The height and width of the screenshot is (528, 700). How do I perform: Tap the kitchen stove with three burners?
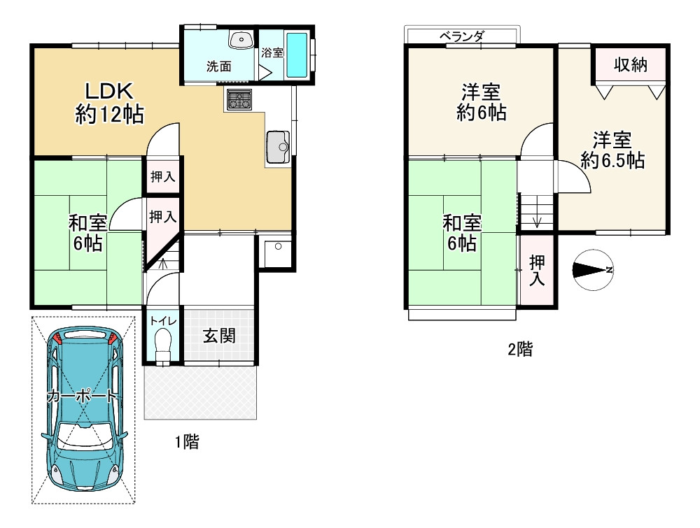pyautogui.click(x=239, y=99)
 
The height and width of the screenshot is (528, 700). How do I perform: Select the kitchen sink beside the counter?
pyautogui.click(x=279, y=145)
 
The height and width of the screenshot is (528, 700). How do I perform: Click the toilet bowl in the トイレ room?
pyautogui.click(x=162, y=344)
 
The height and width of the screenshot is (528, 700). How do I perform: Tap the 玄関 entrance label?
pyautogui.click(x=218, y=336)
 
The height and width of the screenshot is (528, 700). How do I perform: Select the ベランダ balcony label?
pyautogui.click(x=462, y=36)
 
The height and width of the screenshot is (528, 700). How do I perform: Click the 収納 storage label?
pyautogui.click(x=630, y=65)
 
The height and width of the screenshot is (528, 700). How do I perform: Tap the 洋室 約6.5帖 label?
pyautogui.click(x=612, y=150)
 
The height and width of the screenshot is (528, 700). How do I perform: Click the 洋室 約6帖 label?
pyautogui.click(x=481, y=102)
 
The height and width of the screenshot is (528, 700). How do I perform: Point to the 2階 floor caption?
pyautogui.click(x=519, y=350)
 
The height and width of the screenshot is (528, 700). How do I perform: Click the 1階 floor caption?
pyautogui.click(x=187, y=441)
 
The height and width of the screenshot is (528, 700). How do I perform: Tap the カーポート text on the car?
pyautogui.click(x=82, y=397)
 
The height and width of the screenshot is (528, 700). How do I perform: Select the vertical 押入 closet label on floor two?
pyautogui.click(x=537, y=271)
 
